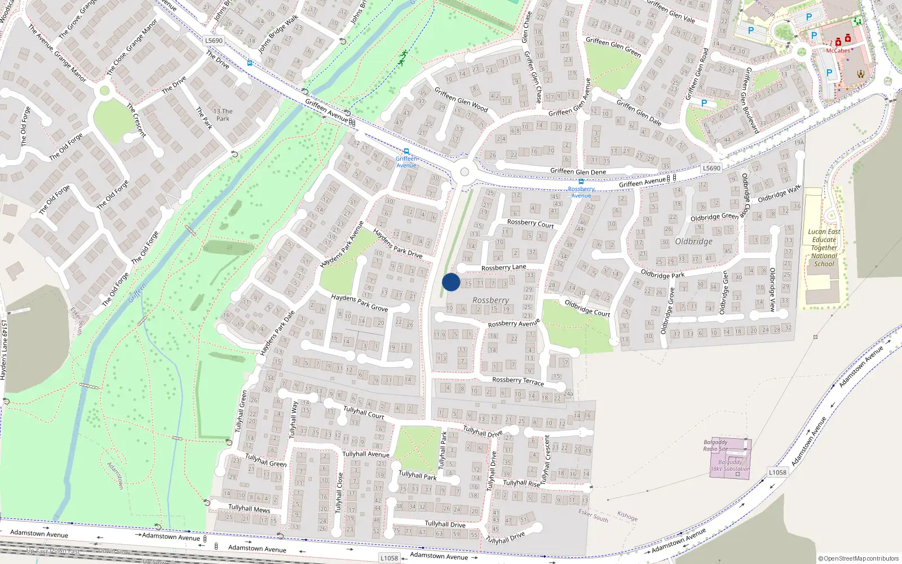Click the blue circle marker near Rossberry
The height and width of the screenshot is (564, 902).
click(451, 282)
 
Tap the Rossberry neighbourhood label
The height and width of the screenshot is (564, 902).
click(490, 301)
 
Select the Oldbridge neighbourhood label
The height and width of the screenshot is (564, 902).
click(693, 241)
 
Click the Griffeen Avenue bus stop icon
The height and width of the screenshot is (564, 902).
click(406, 151)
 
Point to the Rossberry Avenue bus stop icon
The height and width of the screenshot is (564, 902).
click(581, 182)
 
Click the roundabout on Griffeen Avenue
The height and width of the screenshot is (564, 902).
click(465, 172)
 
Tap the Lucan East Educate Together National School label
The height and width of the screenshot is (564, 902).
click(824, 248)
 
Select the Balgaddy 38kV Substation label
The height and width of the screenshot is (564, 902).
click(729, 465)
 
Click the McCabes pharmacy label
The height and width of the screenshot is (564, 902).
click(838, 51)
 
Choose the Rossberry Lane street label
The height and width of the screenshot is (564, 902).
click(503, 267)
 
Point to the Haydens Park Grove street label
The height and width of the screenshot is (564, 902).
click(359, 302)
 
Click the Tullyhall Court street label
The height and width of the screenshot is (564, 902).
click(364, 412)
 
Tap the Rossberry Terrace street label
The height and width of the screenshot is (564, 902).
click(518, 381)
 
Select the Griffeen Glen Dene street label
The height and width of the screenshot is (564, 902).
click(578, 171)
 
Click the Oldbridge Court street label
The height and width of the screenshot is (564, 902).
click(587, 308)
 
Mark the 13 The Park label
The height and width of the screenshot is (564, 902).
click(223, 115)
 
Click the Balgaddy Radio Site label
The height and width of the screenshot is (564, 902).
click(715, 446)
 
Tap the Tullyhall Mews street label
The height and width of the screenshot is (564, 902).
click(249, 509)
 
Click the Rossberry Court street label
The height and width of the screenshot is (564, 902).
click(530, 223)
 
